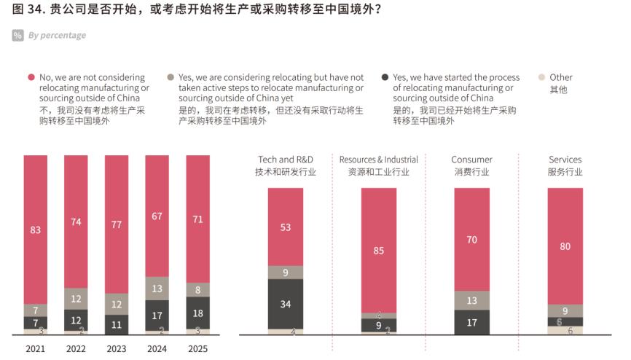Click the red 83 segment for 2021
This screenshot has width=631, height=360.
click(x=35, y=230)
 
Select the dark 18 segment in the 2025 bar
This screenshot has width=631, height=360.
click(x=197, y=313)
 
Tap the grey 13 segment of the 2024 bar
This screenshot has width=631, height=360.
click(x=157, y=289)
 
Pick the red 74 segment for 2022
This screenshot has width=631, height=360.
click(x=76, y=222)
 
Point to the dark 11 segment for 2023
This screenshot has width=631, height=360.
click(x=117, y=324)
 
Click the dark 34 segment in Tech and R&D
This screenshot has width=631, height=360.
click(x=286, y=304)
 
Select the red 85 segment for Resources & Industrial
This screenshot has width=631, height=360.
click(x=379, y=251)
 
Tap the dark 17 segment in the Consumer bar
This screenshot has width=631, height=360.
click(x=472, y=322)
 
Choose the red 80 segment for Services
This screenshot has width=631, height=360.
click(x=565, y=246)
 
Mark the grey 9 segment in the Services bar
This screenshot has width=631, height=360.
click(x=565, y=310)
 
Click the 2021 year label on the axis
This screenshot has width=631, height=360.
click(x=35, y=349)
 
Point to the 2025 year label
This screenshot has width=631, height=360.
click(x=197, y=349)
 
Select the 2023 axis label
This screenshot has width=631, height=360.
click(x=117, y=349)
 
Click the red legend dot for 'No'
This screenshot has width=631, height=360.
click(x=31, y=77)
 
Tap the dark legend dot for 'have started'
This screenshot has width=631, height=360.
click(x=385, y=77)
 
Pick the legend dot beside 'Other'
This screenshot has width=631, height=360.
click(x=541, y=77)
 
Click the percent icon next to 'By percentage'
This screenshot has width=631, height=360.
click(x=17, y=35)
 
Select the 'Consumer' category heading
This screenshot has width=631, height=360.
click(x=471, y=160)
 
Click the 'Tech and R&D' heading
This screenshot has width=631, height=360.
click(x=285, y=160)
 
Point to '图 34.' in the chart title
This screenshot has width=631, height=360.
click(x=26, y=10)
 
